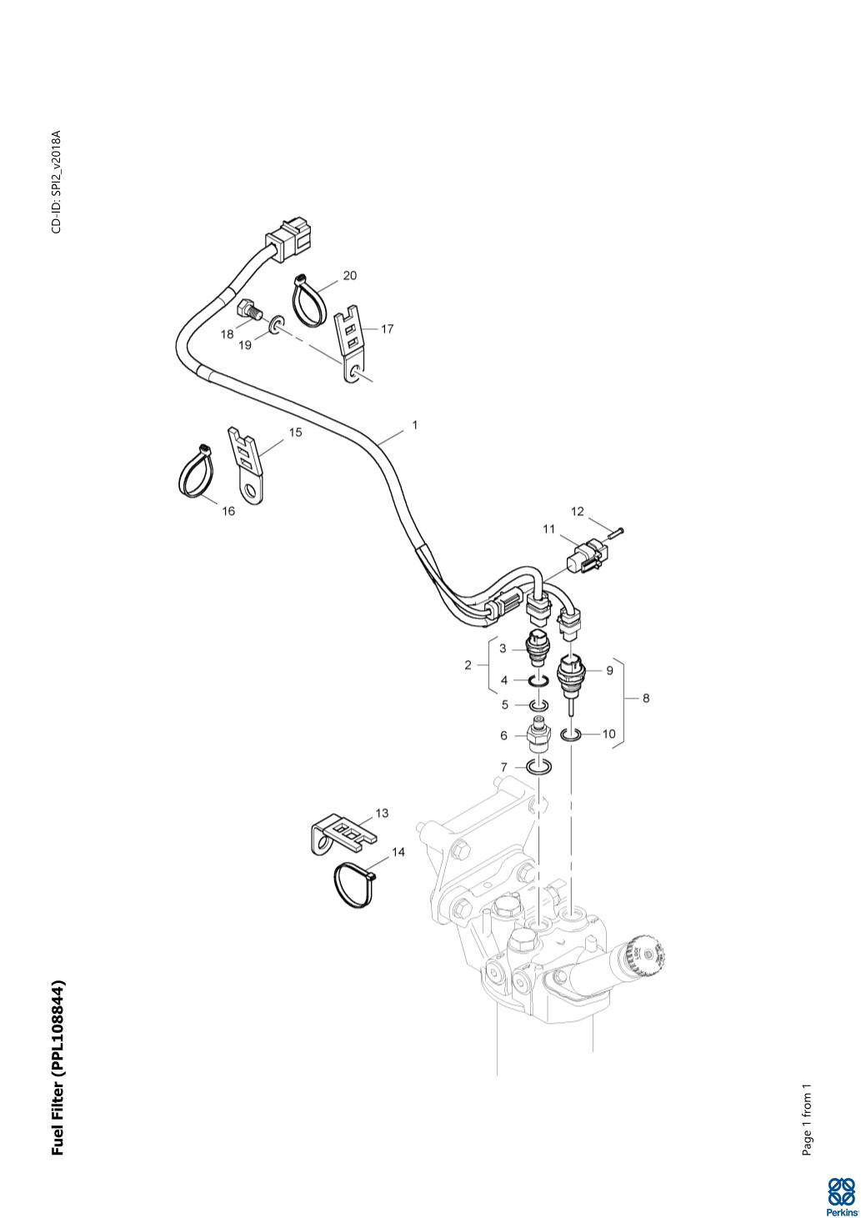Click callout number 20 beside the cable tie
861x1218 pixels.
(x=350, y=276)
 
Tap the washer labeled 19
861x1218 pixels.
(x=275, y=324)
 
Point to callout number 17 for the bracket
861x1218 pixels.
(x=387, y=328)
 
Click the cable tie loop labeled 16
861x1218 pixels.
(x=197, y=474)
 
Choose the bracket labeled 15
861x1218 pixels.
(x=247, y=464)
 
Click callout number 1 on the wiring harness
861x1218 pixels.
(x=414, y=425)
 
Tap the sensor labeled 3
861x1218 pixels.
(x=538, y=647)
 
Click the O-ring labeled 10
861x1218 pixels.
(x=570, y=734)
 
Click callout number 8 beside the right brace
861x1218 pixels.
(x=646, y=699)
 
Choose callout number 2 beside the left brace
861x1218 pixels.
(x=468, y=664)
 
